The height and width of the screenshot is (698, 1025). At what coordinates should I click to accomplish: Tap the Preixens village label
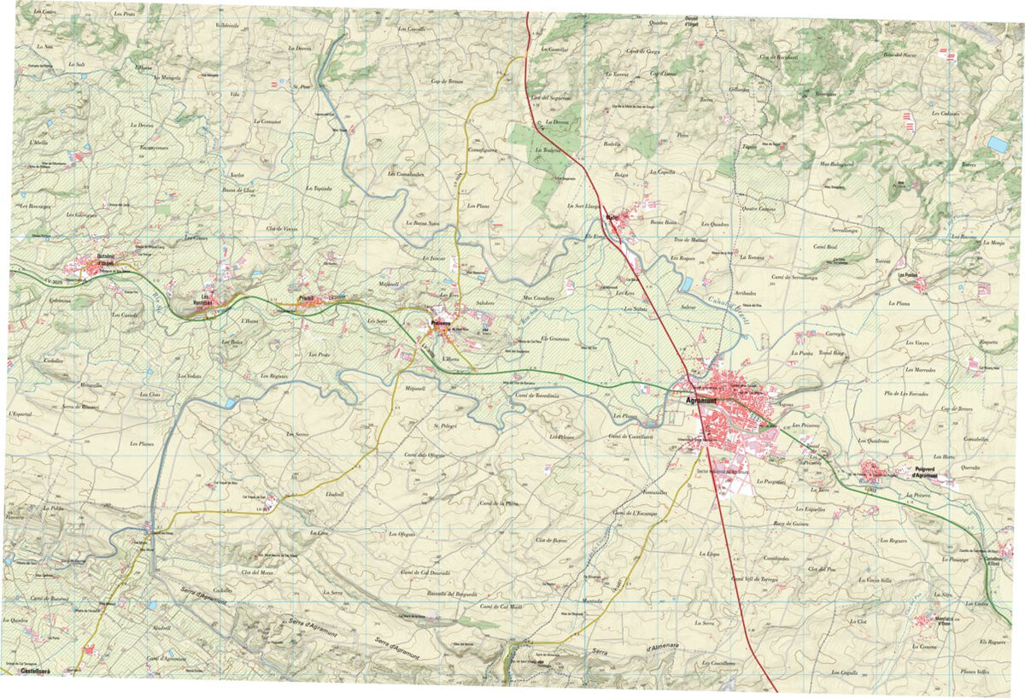[x=441, y=323]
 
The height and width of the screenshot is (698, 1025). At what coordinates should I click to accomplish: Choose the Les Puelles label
[x=907, y=275]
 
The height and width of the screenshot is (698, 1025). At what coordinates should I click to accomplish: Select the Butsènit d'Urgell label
[x=106, y=257]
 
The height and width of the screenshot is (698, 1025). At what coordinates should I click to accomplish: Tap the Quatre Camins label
[x=759, y=208]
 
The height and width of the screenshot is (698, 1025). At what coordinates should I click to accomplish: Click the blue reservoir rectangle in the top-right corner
[x=998, y=144]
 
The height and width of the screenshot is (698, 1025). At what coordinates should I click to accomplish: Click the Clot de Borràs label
[x=552, y=540]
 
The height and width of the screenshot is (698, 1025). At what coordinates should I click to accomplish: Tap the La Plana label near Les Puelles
[x=899, y=303]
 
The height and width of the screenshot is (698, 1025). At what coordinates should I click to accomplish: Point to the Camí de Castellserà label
[x=630, y=436]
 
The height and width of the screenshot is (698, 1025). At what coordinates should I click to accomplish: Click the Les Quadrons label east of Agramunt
[x=874, y=441]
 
